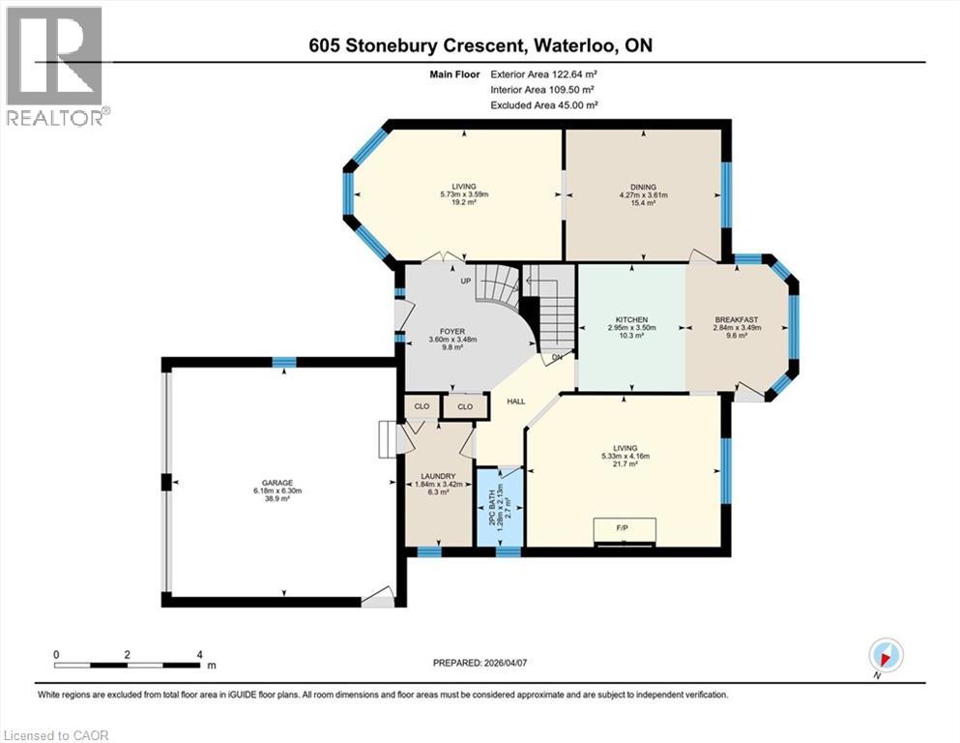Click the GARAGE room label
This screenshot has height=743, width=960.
tap(277, 483)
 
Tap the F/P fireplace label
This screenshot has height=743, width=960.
tap(624, 526)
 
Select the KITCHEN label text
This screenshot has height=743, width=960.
tap(632, 319)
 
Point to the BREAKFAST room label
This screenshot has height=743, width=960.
tap(737, 319)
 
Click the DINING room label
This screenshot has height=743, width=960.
tap(643, 187)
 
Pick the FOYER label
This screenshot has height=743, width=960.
tap(452, 332)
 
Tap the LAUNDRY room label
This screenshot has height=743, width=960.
tap(438, 476)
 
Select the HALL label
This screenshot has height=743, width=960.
tap(516, 401)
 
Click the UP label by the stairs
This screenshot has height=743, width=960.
tap(466, 282)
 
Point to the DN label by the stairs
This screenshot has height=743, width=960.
tap(557, 357)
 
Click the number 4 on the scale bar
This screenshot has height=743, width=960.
tap(199, 654)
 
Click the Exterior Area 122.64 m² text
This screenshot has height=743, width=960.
tap(543, 74)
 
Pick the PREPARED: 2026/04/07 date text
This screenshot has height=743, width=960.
tap(480, 663)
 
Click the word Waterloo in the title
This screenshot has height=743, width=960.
tap(573, 45)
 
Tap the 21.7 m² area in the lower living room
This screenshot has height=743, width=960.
tap(625, 464)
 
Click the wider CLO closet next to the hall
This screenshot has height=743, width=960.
tap(466, 406)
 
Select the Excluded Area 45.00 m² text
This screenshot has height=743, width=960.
tap(544, 104)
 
